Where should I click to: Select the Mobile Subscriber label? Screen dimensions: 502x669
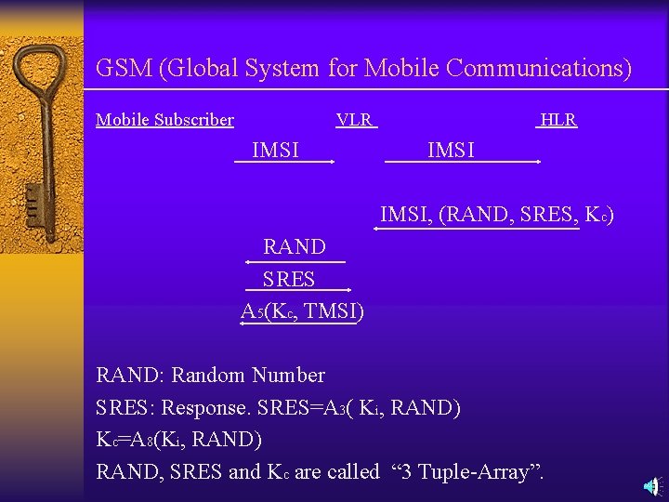[x=164, y=120]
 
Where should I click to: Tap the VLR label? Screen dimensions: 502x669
[x=354, y=120]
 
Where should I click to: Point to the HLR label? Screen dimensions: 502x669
[x=557, y=120]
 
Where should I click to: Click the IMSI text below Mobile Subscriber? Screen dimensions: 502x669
[x=275, y=150]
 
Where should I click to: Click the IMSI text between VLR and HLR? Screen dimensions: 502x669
[x=451, y=150]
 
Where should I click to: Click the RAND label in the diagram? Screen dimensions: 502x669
[x=295, y=247]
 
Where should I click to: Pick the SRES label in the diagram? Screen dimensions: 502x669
[x=289, y=279]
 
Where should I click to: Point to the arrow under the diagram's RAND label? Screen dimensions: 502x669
[x=299, y=262]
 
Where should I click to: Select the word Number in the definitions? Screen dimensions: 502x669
[x=288, y=376]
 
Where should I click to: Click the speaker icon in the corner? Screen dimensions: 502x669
[x=652, y=485]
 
